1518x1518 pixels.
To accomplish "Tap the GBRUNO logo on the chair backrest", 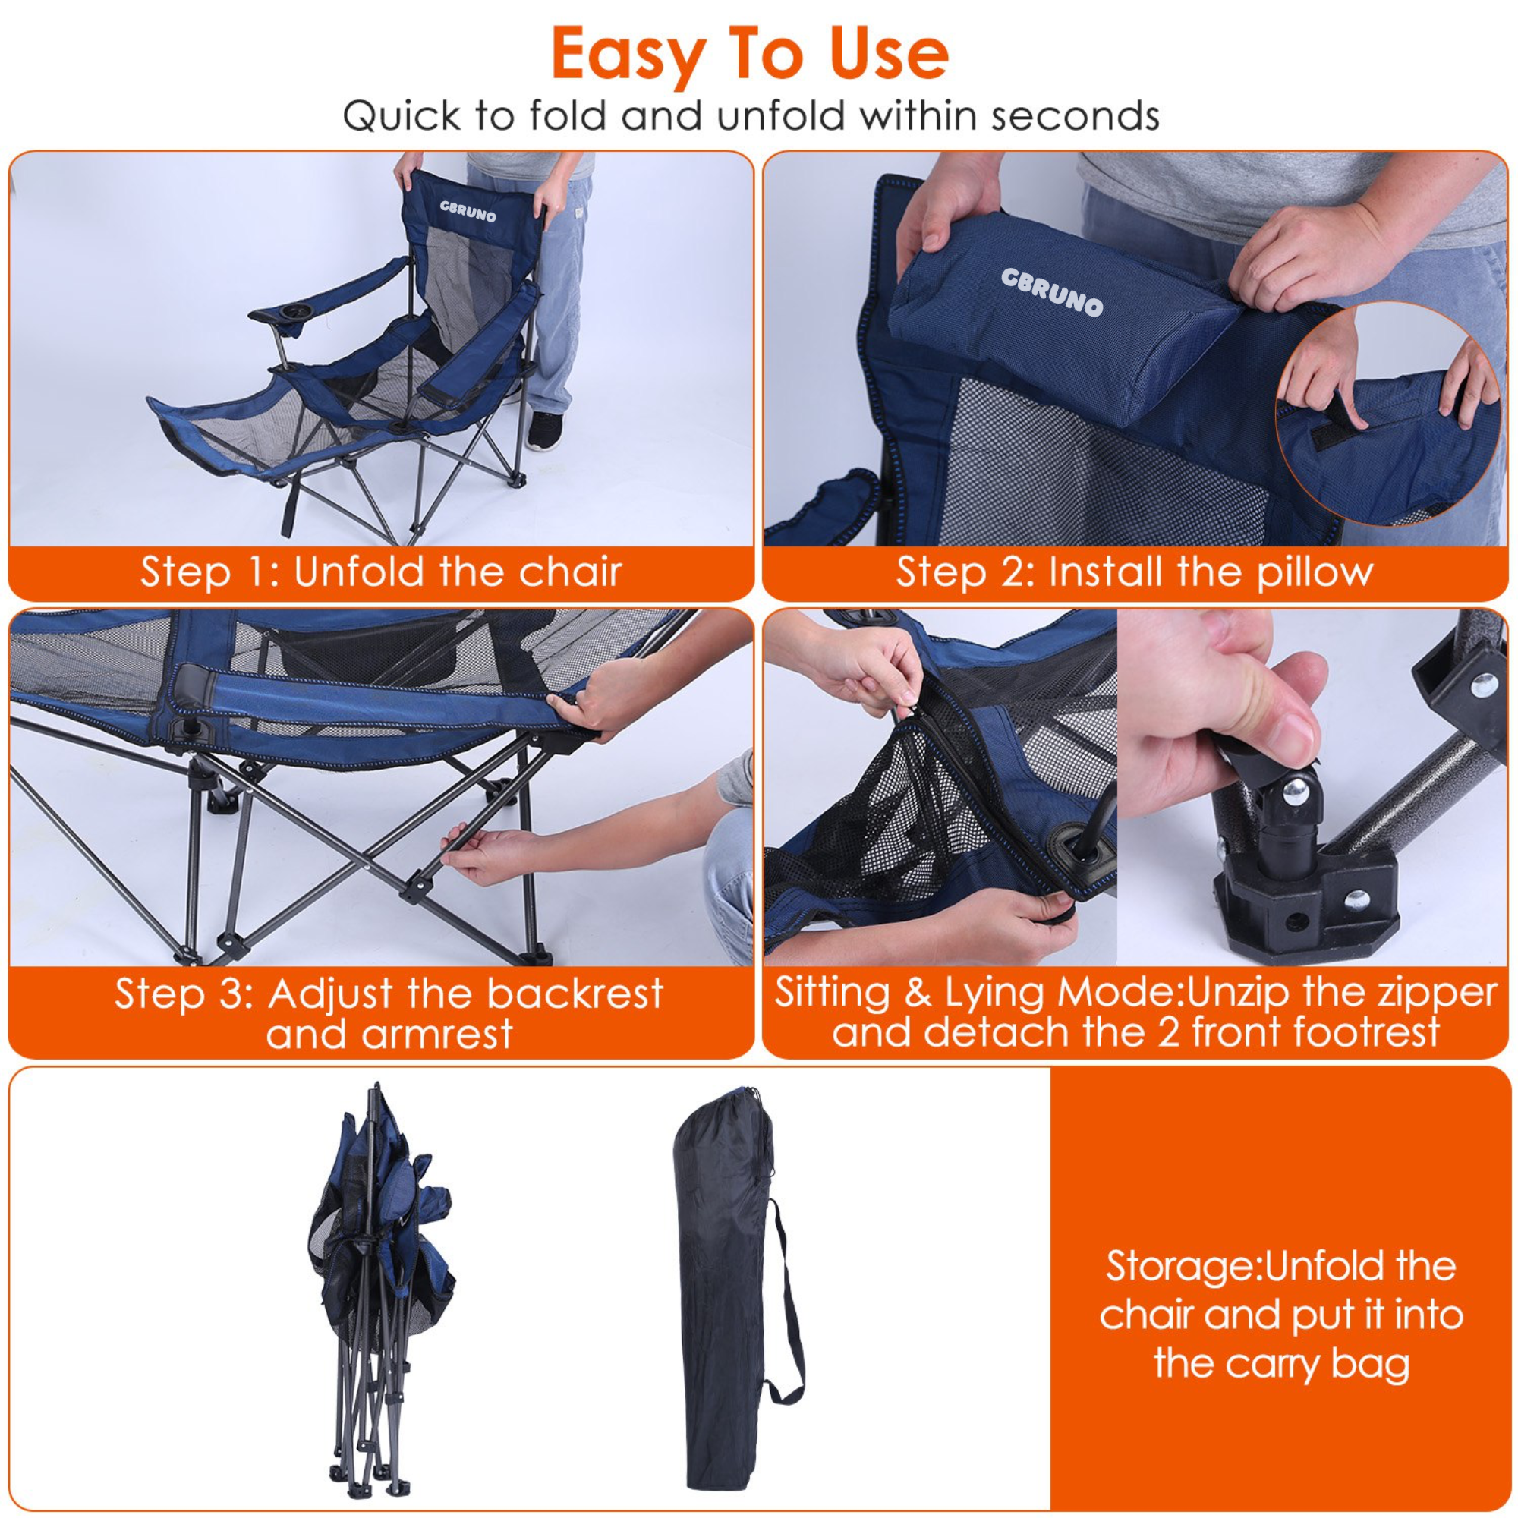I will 468,210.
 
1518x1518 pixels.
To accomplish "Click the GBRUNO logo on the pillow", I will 1051,291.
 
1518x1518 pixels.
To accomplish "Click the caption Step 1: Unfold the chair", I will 381,572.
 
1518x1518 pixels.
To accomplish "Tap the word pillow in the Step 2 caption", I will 1315,572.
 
